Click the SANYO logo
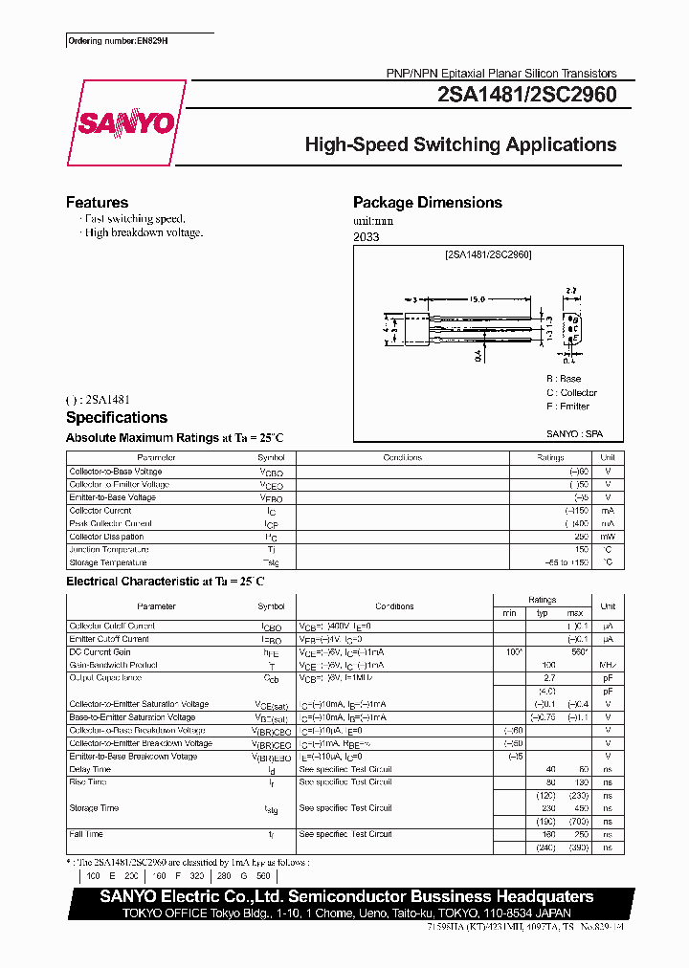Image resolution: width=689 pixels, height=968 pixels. coord(125,123)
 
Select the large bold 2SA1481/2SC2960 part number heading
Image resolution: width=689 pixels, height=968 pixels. coord(526,95)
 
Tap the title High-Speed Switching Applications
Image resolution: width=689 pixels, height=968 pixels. coord(460,145)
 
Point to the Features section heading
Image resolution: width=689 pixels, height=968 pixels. coord(97,203)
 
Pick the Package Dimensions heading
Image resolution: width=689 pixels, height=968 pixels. coord(427,203)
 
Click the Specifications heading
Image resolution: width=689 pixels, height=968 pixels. coord(116,418)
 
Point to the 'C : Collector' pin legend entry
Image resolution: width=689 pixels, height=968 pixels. coord(571,393)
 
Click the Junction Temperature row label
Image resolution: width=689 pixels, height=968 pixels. coord(109,550)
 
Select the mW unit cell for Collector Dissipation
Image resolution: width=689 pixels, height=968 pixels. coord(607,537)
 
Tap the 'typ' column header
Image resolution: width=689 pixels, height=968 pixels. coord(542,612)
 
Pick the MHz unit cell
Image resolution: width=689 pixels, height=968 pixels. coord(607,665)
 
